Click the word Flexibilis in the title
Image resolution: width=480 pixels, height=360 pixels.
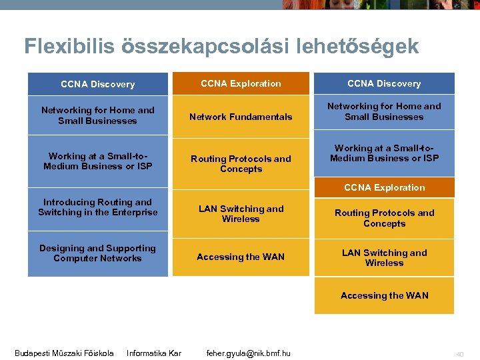[x=69, y=46]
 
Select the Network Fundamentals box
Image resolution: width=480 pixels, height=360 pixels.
[x=241, y=117]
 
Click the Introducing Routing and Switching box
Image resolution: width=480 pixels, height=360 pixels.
[x=98, y=207]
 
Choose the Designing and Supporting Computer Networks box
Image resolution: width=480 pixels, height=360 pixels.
[x=98, y=253]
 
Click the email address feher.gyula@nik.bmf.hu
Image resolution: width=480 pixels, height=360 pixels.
[x=248, y=353]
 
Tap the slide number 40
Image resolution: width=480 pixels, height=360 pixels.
[x=459, y=353]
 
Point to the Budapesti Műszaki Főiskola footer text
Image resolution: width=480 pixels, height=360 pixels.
[x=64, y=353]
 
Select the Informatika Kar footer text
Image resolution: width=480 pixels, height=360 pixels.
[x=154, y=353]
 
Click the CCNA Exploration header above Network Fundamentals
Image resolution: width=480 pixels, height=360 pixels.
[x=241, y=83]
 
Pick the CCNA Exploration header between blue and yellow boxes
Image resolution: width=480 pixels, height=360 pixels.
[x=384, y=187]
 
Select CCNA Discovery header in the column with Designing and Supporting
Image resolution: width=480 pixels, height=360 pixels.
[x=98, y=84]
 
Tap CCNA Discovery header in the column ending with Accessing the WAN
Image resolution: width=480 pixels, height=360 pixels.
[x=384, y=83]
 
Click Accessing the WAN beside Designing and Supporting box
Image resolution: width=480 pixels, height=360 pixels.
[x=241, y=257]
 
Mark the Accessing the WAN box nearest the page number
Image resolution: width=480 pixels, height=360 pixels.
[x=384, y=295]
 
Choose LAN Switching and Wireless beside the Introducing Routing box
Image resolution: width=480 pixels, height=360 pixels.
[x=241, y=214]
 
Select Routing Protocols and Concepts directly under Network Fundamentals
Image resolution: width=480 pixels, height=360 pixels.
[x=241, y=164]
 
